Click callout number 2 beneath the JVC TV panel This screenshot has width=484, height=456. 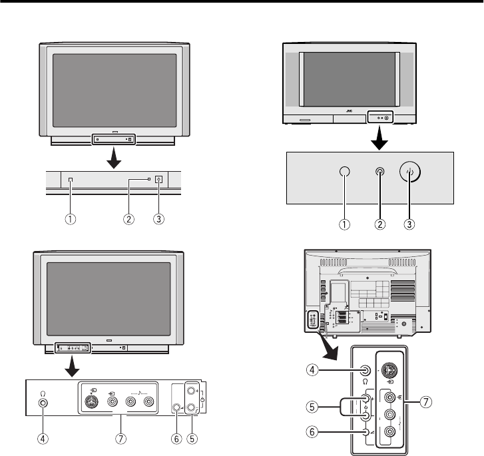379,224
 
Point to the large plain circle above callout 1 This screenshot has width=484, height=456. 344,172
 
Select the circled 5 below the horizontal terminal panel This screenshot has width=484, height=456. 194,440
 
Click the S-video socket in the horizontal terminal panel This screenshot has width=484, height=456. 93,402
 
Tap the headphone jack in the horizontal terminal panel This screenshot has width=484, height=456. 44,403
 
